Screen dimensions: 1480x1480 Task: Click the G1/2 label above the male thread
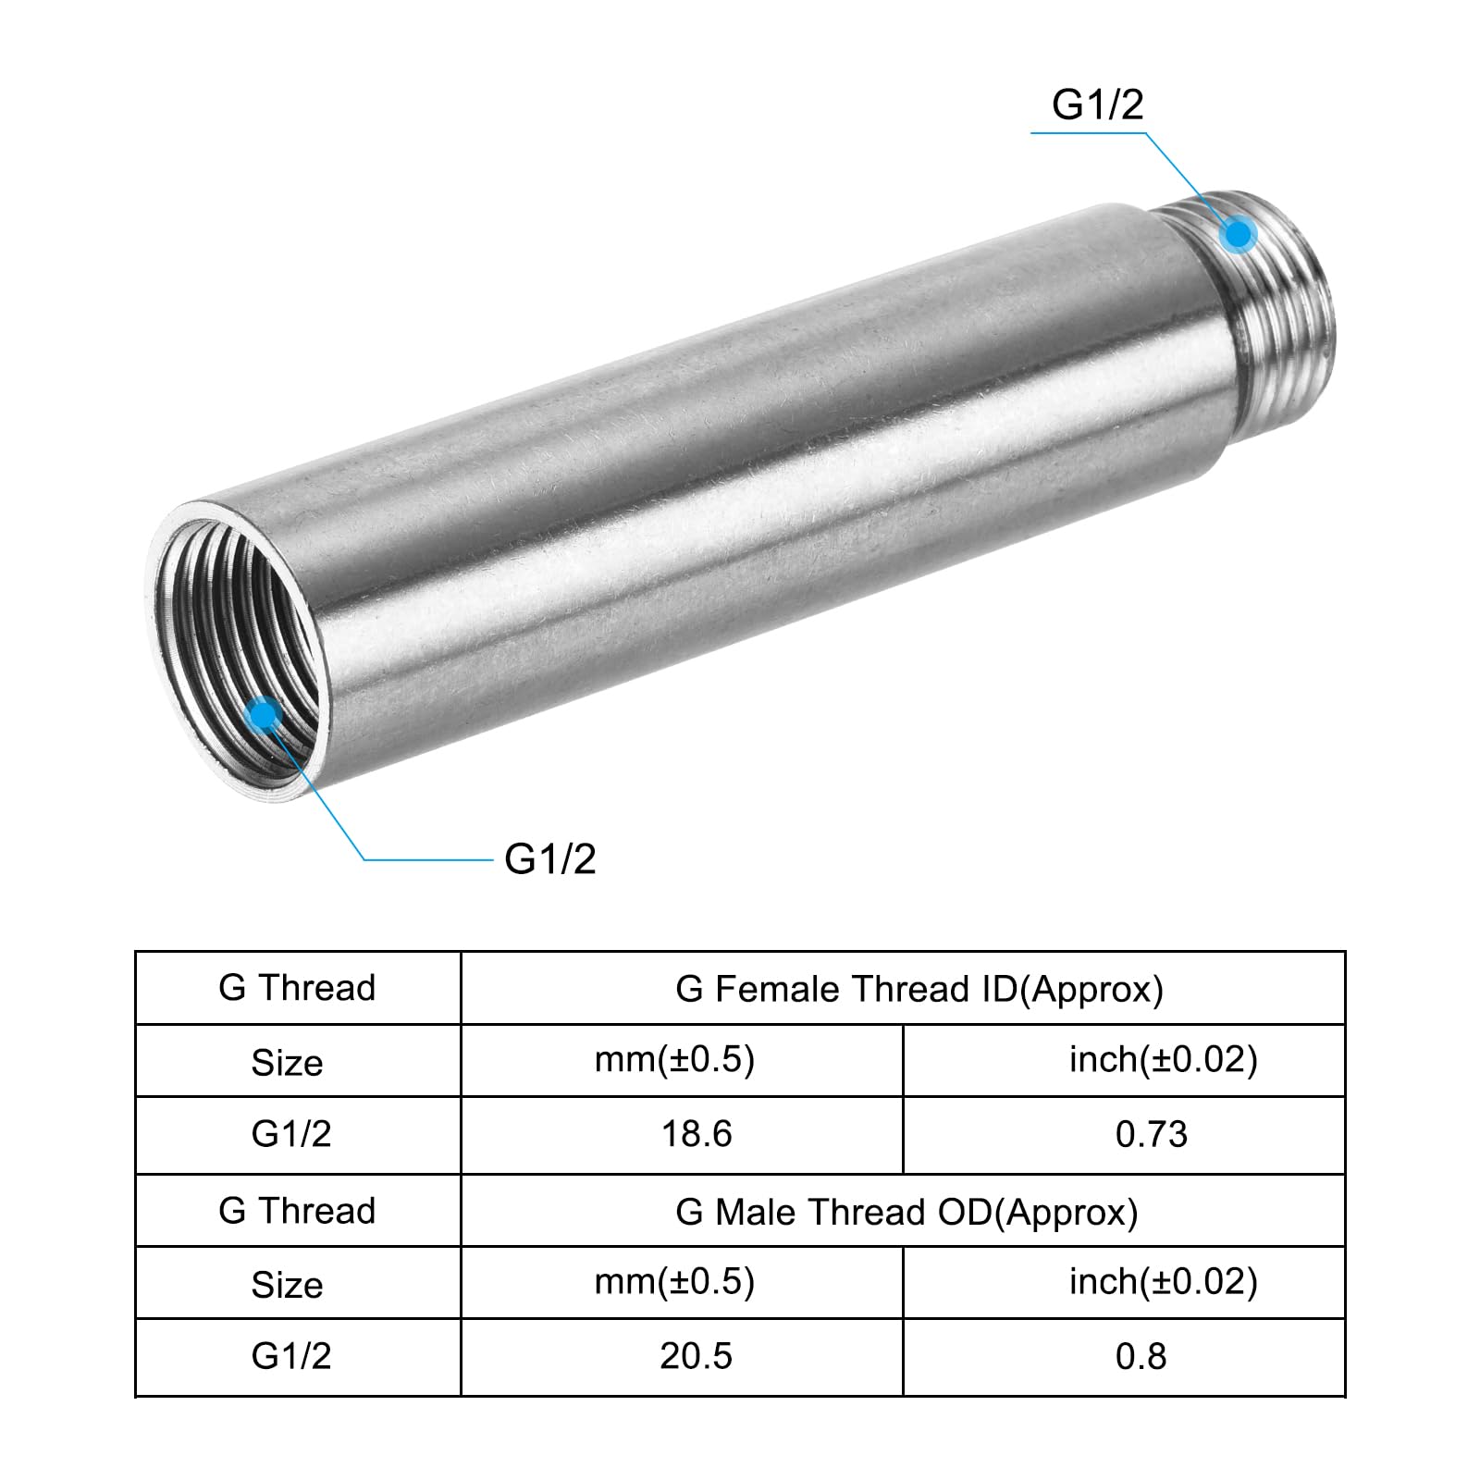coord(1097,105)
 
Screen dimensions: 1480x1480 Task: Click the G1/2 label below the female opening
coord(549,859)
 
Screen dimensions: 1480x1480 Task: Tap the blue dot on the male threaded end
coord(1239,234)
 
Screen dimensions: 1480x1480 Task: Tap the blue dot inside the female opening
coord(265,714)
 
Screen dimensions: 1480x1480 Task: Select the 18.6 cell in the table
coord(697,1134)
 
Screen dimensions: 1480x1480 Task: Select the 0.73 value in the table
coord(1152,1134)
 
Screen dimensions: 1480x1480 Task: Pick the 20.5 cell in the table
coord(697,1356)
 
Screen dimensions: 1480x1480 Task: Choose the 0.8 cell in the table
coord(1141,1356)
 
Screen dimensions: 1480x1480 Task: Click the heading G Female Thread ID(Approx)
coord(919,989)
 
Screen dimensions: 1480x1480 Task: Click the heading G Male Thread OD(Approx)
coord(906,1212)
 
